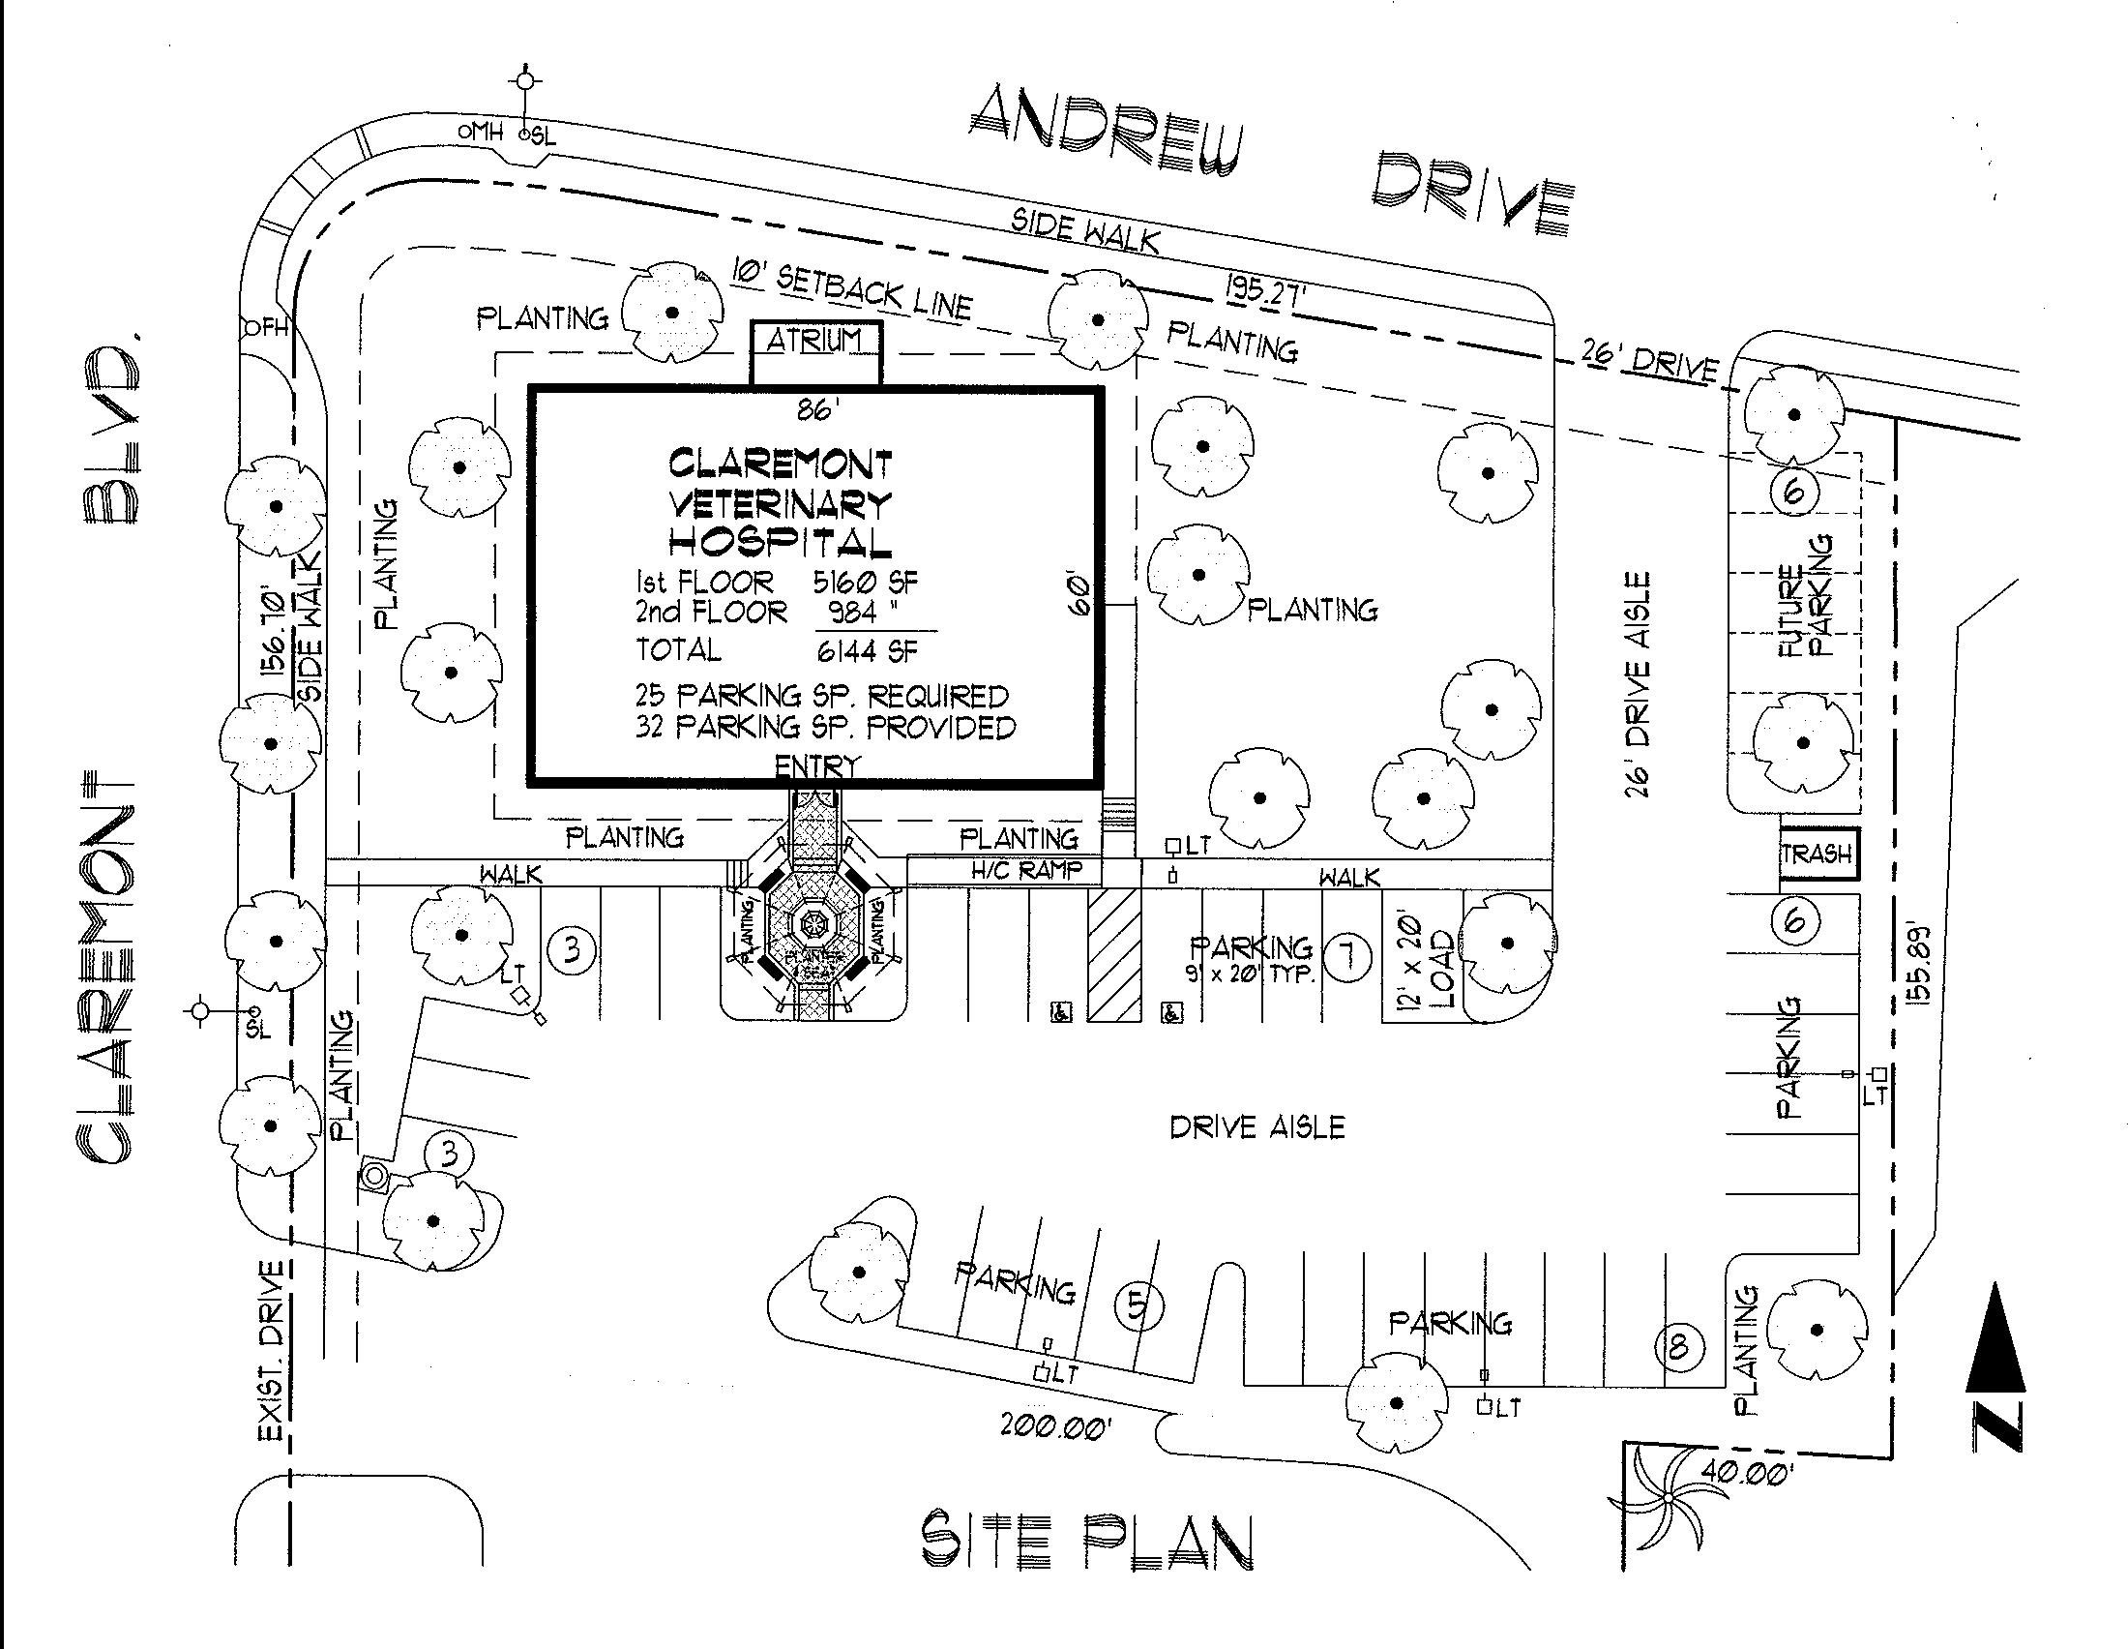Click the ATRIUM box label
(814, 341)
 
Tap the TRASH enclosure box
(1818, 854)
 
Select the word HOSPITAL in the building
(780, 542)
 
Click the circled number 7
(1347, 956)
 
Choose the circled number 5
(1138, 1307)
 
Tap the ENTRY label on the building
(817, 767)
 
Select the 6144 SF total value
(868, 650)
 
